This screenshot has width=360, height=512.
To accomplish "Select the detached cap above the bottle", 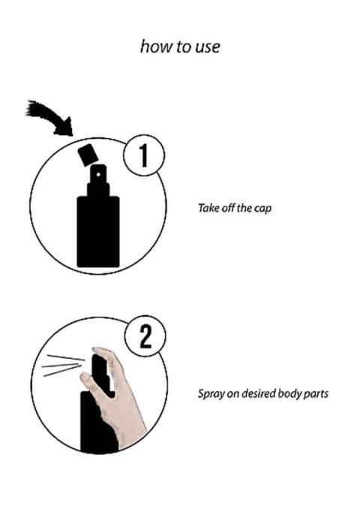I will pos(88,155).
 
